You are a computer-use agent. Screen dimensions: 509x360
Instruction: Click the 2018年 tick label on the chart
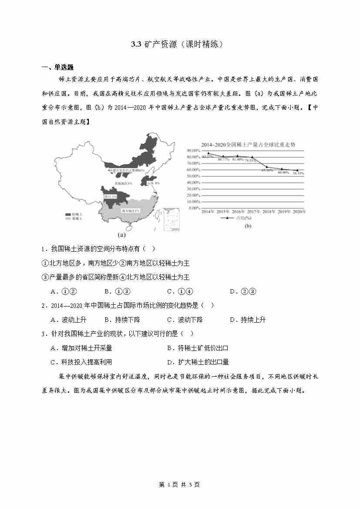coord(269,212)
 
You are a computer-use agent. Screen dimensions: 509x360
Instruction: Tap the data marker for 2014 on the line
coord(208,153)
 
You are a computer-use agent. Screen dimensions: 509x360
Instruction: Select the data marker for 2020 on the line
coord(298,170)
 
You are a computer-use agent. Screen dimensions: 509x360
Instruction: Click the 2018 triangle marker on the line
coord(267,167)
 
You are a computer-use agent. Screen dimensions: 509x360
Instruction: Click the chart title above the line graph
coord(248,145)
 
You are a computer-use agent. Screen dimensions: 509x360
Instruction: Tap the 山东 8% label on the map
coord(154,183)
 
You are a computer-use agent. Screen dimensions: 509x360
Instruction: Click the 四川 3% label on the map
coord(110,197)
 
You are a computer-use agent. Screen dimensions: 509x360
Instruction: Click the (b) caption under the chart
coord(248,226)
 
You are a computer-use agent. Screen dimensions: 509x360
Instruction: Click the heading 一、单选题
coord(57,67)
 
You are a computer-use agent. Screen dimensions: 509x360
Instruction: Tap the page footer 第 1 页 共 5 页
coord(179,485)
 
